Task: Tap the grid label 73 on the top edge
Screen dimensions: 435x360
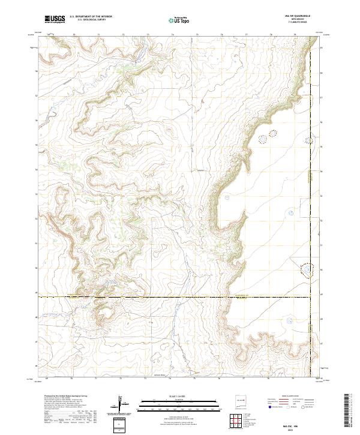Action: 122,35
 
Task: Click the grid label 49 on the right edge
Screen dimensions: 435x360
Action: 320,294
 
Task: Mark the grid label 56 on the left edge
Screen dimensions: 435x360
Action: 36,120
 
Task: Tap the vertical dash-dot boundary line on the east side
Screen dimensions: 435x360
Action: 311,180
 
